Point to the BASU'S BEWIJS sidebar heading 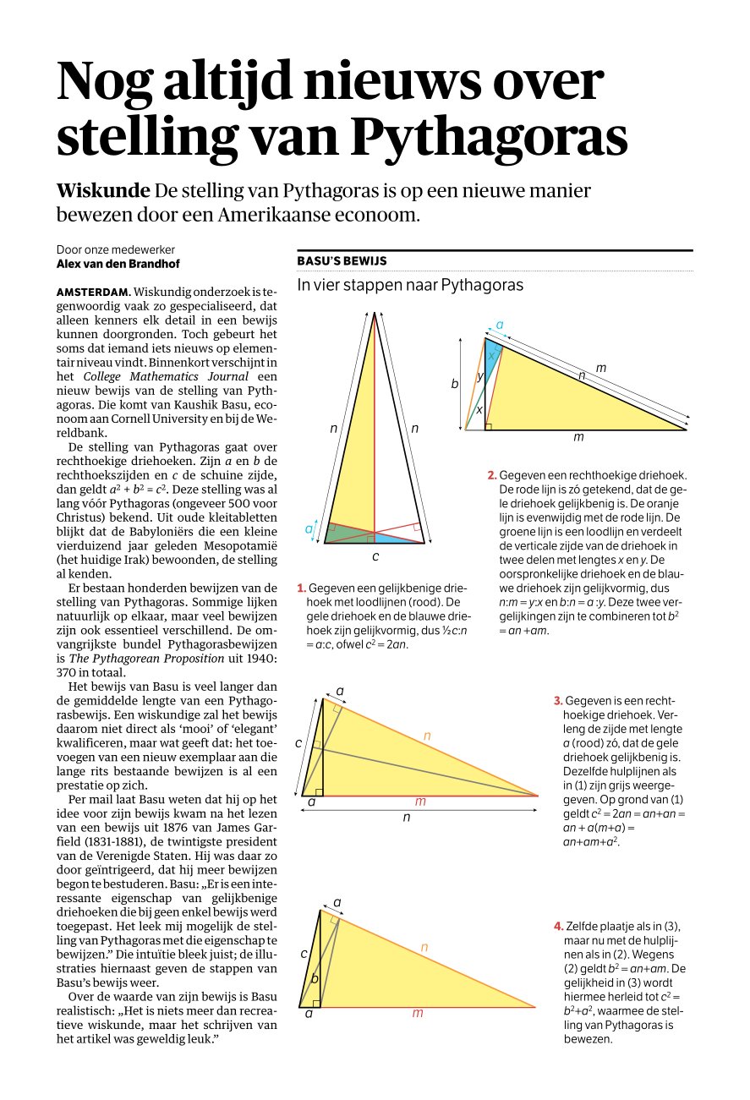click(x=342, y=261)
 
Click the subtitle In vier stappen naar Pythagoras click(x=410, y=285)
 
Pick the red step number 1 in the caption click(x=301, y=588)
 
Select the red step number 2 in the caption click(x=491, y=476)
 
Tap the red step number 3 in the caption click(x=558, y=701)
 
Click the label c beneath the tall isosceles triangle click(x=375, y=557)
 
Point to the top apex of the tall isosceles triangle click(x=375, y=313)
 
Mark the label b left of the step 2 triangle click(x=454, y=384)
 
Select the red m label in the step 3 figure click(x=420, y=802)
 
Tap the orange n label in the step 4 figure click(x=424, y=949)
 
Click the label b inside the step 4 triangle click(x=315, y=979)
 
